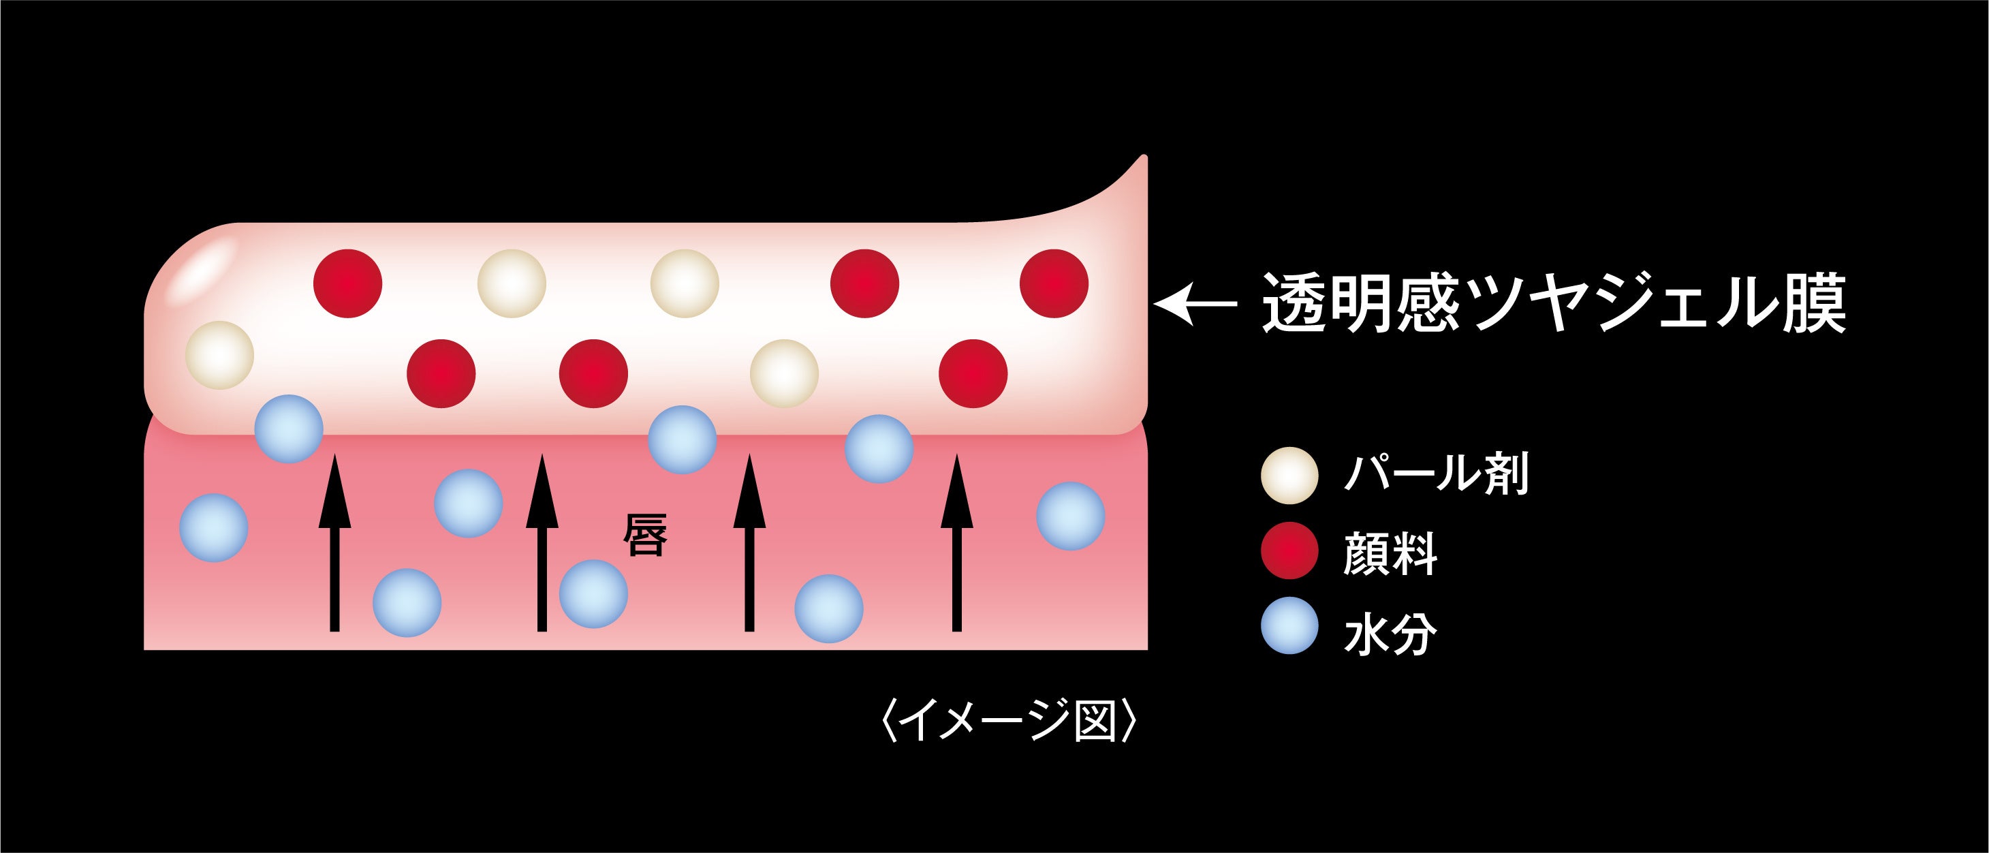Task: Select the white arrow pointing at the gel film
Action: (1195, 304)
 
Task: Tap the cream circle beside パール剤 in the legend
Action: (1289, 476)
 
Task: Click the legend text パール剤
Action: (1435, 474)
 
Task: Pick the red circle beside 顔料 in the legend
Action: (1289, 551)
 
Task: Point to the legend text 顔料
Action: (1390, 553)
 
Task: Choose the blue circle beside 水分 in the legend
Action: (1289, 626)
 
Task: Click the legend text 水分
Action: (1390, 634)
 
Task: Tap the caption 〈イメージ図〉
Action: (1009, 720)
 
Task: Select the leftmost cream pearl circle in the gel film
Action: (220, 355)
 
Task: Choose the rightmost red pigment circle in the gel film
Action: (1054, 283)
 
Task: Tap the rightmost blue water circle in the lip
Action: (1070, 516)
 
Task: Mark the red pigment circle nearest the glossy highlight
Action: (347, 283)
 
